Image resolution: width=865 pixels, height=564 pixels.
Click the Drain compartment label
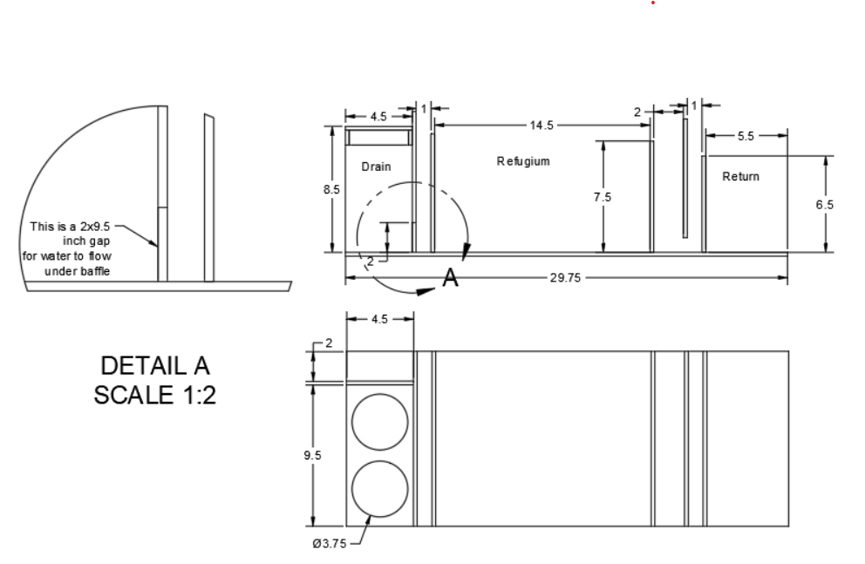(376, 166)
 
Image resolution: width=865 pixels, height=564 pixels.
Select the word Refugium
(523, 161)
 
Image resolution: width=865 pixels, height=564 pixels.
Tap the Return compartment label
(741, 176)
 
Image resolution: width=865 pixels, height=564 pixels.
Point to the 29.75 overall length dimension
(565, 278)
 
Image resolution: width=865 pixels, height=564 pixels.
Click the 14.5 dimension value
(541, 126)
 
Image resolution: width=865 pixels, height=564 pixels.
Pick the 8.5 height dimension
(331, 189)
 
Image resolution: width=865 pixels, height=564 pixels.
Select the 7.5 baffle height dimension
(603, 197)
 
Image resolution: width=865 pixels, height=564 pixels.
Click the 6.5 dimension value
(825, 205)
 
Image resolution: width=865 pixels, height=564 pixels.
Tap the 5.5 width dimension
(746, 136)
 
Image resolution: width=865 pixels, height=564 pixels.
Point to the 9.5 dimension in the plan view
(312, 455)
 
